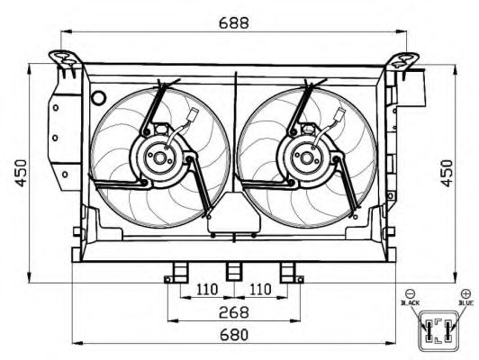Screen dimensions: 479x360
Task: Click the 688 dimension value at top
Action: (234, 22)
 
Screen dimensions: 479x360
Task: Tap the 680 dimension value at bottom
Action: (234, 335)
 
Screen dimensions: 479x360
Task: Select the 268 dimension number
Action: (234, 312)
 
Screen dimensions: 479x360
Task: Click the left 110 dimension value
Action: (207, 289)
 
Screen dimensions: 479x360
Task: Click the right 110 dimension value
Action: (260, 289)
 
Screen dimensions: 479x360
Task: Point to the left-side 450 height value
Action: (22, 173)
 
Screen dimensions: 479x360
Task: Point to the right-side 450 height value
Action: (447, 173)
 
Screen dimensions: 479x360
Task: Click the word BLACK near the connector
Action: (410, 303)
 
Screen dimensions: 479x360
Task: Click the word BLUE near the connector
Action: (465, 303)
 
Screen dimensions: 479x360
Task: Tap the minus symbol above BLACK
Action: (410, 293)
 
